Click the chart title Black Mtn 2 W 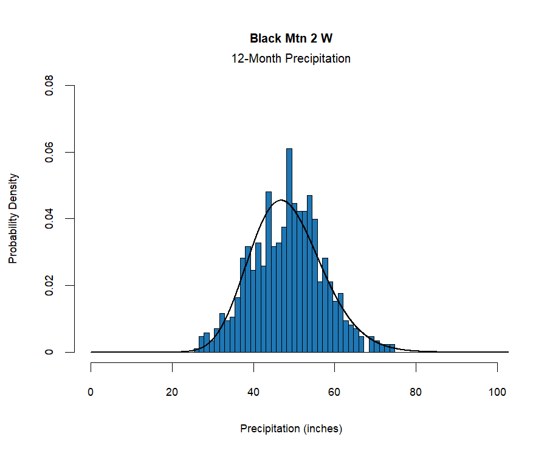pyautogui.click(x=291, y=38)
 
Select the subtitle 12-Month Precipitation pyautogui.click(x=291, y=59)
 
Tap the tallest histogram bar pyautogui.click(x=289, y=249)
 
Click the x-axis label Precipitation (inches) pyautogui.click(x=291, y=429)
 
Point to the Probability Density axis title pyautogui.click(x=13, y=218)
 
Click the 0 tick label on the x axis pyautogui.click(x=91, y=392)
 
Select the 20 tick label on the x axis pyautogui.click(x=173, y=392)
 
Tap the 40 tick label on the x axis pyautogui.click(x=253, y=392)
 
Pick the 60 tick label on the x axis pyautogui.click(x=335, y=392)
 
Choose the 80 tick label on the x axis pyautogui.click(x=416, y=392)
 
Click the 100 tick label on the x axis pyautogui.click(x=497, y=392)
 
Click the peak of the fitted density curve pyautogui.click(x=281, y=200)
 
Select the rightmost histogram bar pyautogui.click(x=393, y=348)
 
